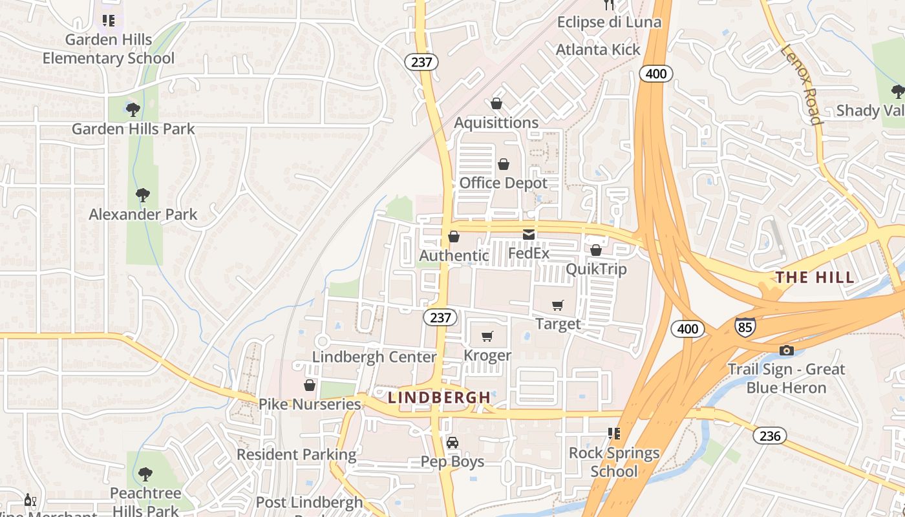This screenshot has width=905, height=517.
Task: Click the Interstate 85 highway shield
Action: [745, 326]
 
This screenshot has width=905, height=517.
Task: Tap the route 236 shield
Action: [770, 436]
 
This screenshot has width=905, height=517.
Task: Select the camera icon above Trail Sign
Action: [786, 350]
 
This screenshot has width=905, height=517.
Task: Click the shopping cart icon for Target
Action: [557, 305]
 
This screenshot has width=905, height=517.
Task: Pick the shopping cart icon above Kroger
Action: [487, 336]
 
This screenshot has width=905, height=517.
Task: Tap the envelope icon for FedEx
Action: [529, 234]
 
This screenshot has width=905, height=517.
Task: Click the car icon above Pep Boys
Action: [452, 443]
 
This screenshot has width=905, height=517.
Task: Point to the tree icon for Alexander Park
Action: [143, 195]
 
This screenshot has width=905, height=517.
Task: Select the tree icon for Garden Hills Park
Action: [133, 109]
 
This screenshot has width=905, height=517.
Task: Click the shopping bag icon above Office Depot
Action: [504, 164]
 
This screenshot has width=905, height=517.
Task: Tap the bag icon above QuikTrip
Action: [596, 249]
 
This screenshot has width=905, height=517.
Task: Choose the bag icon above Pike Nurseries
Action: [310, 385]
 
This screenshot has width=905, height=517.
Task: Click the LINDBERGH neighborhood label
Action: [439, 397]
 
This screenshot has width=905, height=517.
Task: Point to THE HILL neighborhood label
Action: [814, 278]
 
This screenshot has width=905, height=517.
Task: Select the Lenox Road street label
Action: [802, 84]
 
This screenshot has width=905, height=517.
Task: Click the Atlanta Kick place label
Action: [598, 50]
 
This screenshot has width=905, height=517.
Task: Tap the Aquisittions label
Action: [496, 123]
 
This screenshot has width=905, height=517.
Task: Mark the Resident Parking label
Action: [296, 454]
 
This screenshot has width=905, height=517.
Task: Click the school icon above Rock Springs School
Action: [613, 433]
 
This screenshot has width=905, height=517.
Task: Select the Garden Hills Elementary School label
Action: [109, 49]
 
